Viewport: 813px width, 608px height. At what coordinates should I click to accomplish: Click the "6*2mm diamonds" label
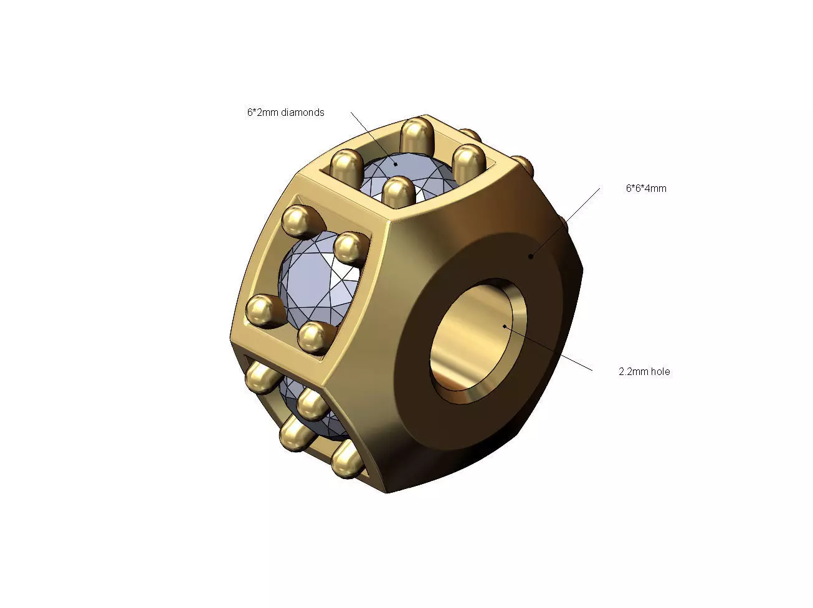(285, 113)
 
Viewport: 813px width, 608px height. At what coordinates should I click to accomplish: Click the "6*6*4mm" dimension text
(646, 188)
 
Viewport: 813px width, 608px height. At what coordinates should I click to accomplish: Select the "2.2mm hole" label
(644, 371)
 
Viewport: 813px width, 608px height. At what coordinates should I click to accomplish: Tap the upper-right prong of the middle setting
(349, 246)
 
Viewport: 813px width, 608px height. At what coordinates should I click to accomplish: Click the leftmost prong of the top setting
(346, 166)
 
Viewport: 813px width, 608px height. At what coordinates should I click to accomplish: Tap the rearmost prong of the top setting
(414, 134)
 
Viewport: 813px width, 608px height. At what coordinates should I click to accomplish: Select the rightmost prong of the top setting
(468, 160)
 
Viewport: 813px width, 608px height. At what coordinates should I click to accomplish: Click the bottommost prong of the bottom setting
(347, 460)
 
